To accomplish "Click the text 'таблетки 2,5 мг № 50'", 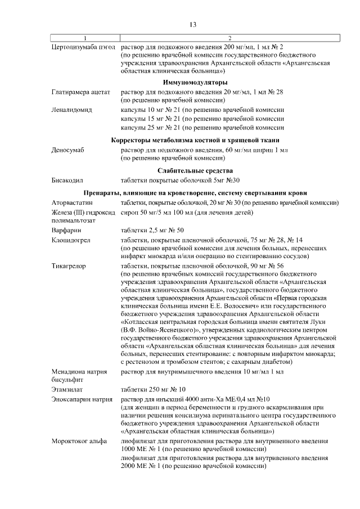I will tap(151, 230).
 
